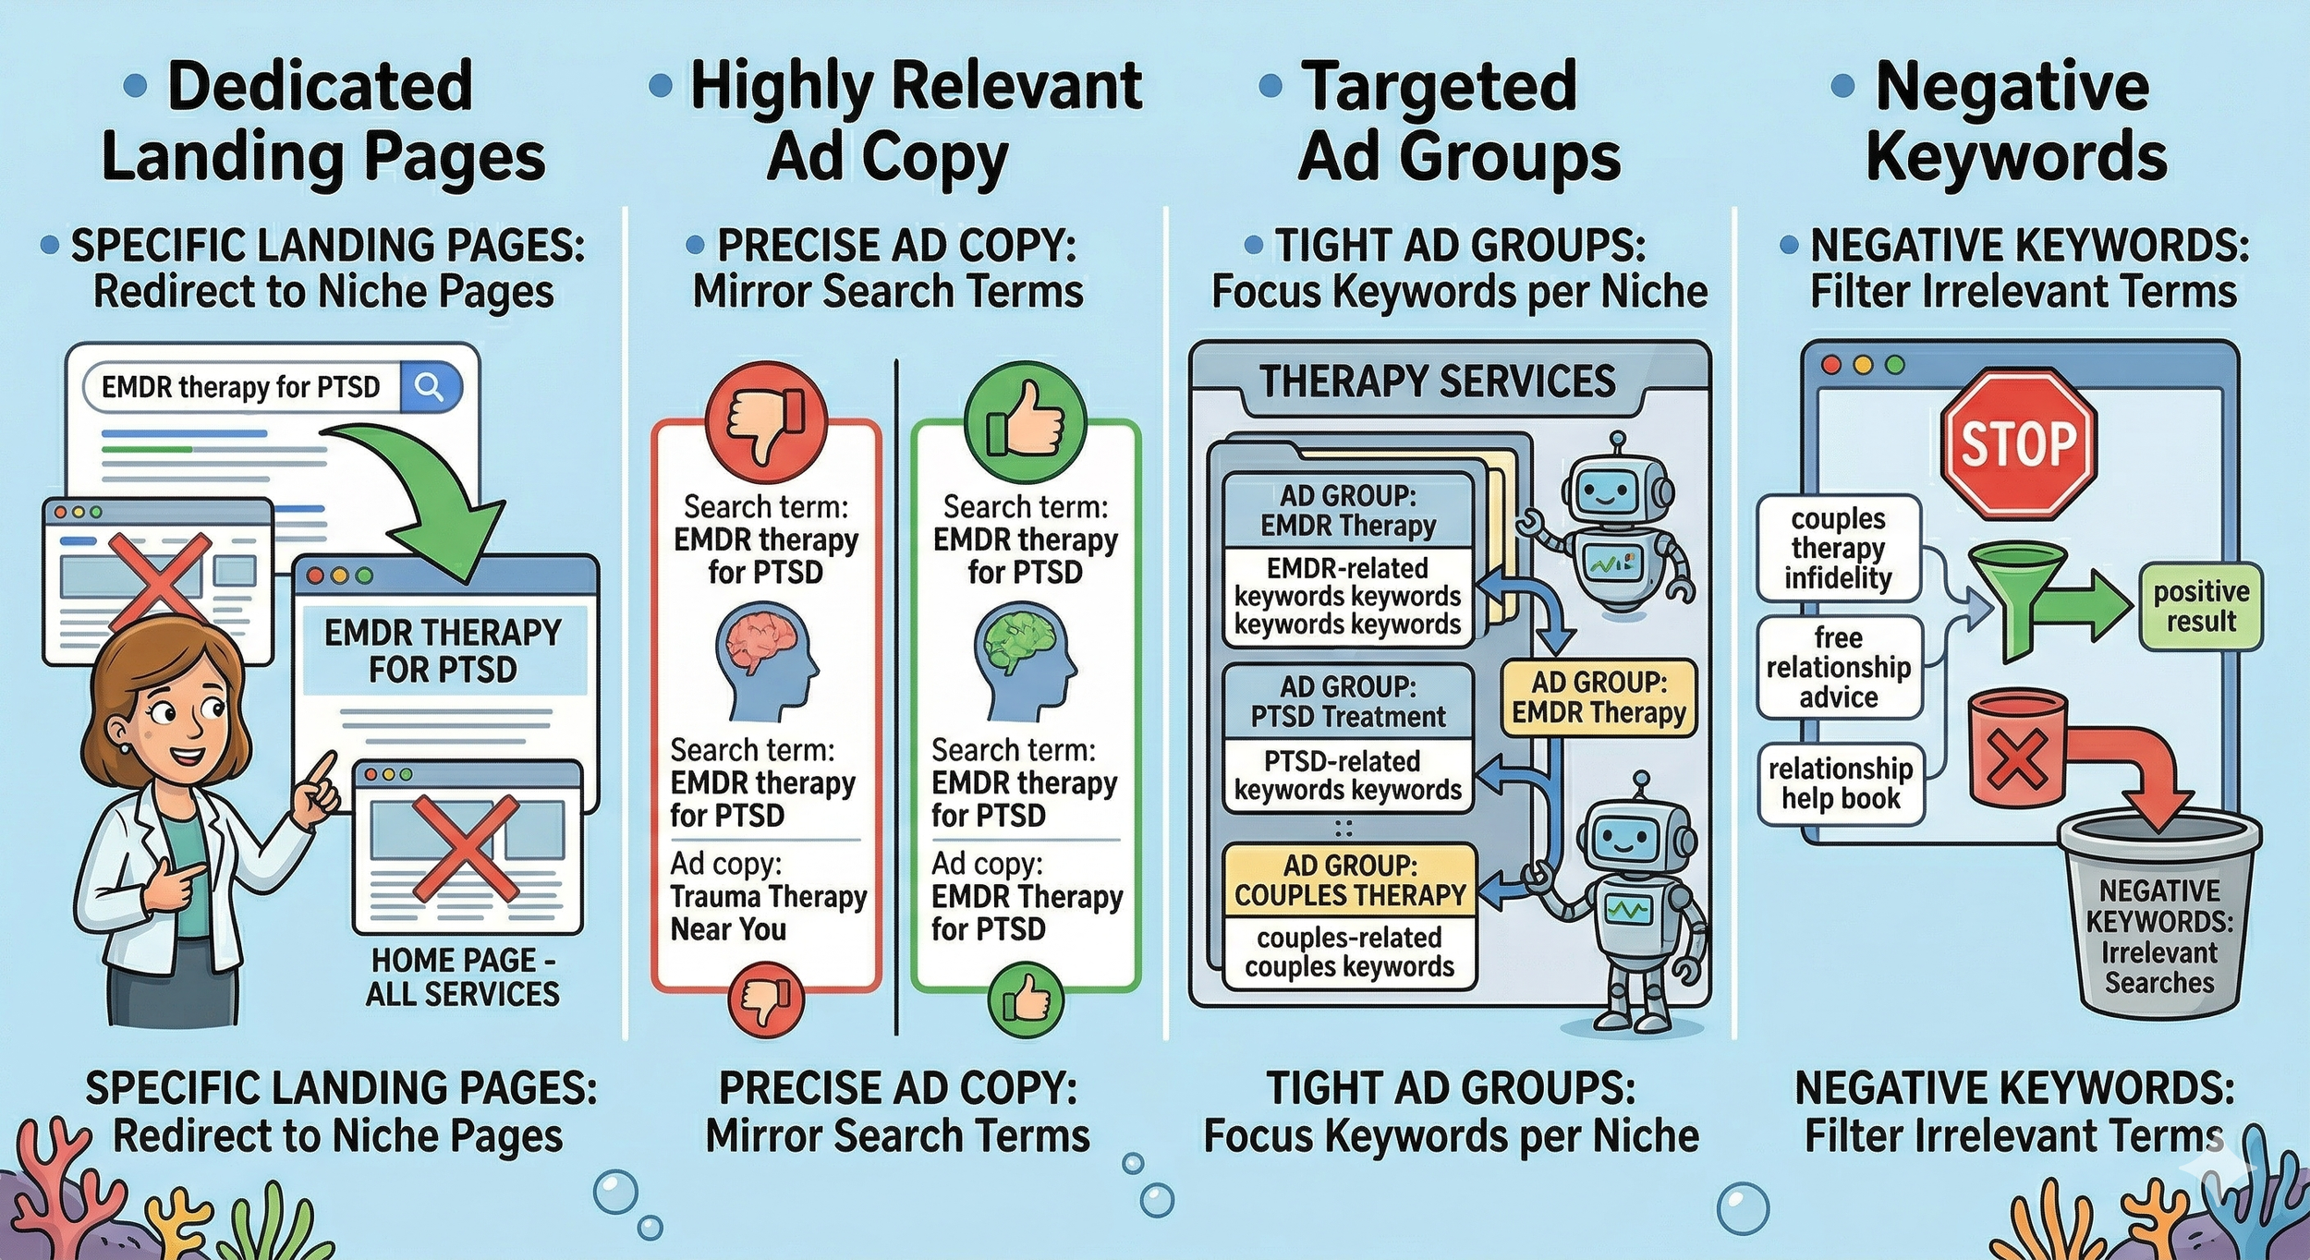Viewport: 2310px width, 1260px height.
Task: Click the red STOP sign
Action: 2018,445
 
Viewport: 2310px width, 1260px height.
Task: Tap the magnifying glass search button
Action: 430,387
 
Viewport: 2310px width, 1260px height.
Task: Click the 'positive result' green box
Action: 2201,606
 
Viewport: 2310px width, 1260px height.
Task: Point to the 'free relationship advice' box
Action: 1839,667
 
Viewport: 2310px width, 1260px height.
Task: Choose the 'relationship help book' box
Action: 1841,783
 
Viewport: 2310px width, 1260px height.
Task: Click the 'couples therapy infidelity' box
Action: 1838,549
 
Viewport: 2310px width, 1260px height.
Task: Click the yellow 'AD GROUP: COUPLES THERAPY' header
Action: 1349,880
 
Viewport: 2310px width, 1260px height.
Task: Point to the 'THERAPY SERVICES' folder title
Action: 1438,382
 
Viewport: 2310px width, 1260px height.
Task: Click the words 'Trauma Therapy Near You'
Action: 768,913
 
